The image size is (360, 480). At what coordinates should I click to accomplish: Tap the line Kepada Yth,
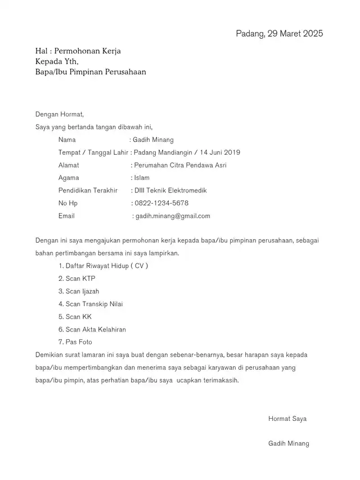pos(57,61)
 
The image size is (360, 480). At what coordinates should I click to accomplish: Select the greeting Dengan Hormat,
pos(59,114)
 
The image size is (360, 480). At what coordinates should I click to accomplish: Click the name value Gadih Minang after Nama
pos(153,140)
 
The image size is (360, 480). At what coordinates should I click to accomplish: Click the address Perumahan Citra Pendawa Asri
pos(180,165)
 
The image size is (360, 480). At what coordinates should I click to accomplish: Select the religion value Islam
pos(142,178)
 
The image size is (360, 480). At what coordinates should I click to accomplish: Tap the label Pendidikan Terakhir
pos(88,191)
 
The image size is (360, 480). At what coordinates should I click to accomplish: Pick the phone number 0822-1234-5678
pos(162,203)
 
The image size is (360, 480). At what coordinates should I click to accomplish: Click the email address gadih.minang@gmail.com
pos(173,216)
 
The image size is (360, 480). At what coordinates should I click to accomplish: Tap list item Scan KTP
pos(77,279)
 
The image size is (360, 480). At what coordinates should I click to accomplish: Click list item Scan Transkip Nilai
pos(91,304)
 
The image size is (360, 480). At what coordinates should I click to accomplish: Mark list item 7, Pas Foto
pos(75,342)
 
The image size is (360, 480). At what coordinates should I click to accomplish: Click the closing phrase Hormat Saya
pos(287,419)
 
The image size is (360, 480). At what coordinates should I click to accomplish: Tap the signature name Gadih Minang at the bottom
pos(289,443)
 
